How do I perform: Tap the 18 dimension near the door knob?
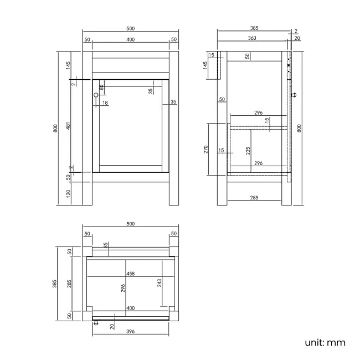(x=105, y=103)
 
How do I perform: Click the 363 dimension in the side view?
(x=252, y=38)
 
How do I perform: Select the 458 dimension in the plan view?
(x=131, y=274)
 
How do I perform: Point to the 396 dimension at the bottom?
(x=131, y=332)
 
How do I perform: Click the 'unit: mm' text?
(x=325, y=342)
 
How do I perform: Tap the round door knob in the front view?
(x=96, y=95)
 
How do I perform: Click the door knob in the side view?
(x=295, y=95)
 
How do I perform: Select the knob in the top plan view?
(x=96, y=323)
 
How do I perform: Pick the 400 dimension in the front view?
(x=131, y=39)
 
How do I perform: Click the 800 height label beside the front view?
(x=55, y=128)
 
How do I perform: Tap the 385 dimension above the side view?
(x=254, y=28)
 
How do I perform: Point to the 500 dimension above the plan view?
(x=131, y=224)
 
